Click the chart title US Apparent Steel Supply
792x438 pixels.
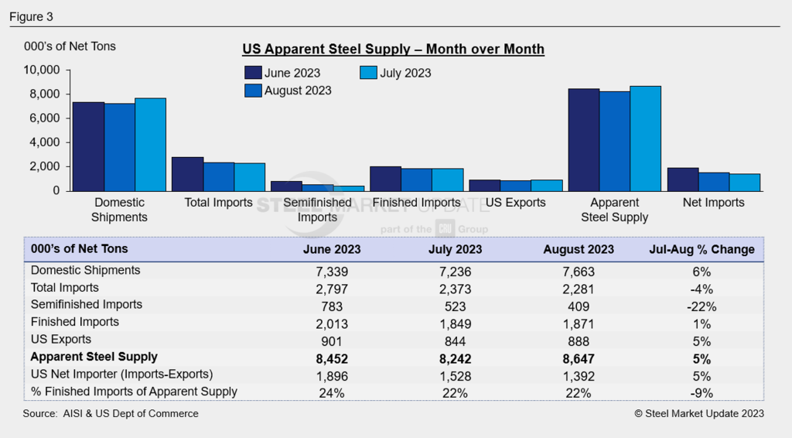click(x=393, y=50)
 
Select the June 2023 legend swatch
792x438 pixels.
click(x=252, y=73)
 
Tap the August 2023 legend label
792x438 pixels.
click(x=298, y=91)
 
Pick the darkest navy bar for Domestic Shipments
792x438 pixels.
click(x=88, y=146)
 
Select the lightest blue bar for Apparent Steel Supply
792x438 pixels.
click(x=645, y=139)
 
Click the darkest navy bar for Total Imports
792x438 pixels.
click(x=187, y=173)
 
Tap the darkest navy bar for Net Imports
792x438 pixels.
click(x=682, y=179)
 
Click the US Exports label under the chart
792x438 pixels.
click(x=515, y=203)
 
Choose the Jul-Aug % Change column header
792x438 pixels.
click(x=702, y=249)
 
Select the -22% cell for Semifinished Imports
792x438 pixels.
click(x=702, y=306)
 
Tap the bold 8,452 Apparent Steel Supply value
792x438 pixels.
click(x=332, y=358)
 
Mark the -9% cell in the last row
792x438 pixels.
click(x=702, y=392)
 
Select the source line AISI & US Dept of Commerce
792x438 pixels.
click(x=111, y=414)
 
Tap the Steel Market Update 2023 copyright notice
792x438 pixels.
click(x=698, y=414)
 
